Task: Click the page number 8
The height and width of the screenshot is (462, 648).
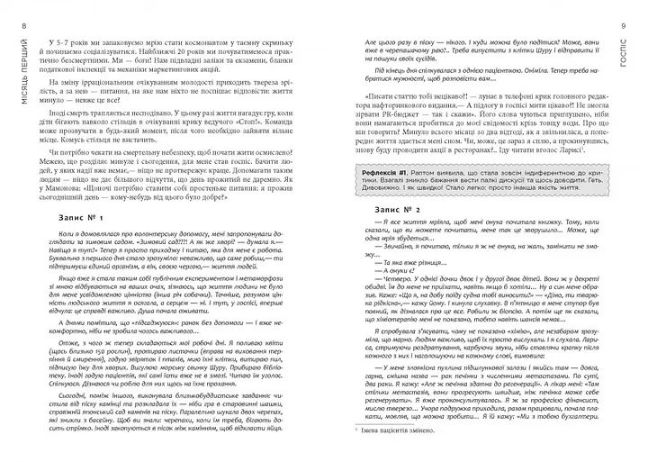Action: (x=11, y=11)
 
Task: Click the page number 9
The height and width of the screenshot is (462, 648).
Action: (x=637, y=11)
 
